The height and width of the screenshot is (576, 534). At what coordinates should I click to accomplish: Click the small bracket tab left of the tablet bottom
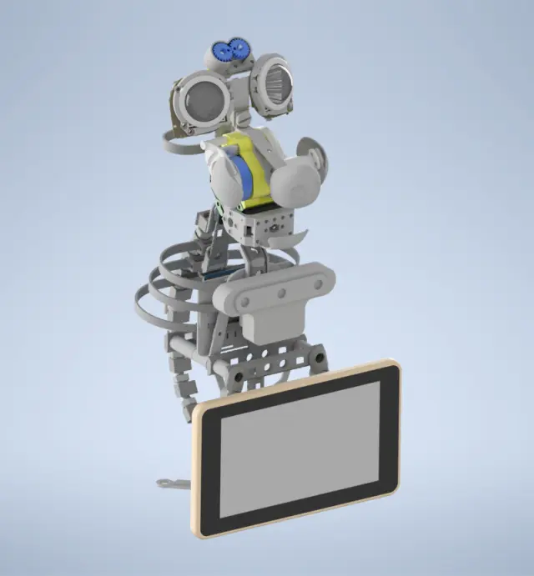(171, 483)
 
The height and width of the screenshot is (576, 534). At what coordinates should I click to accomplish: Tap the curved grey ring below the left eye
(179, 147)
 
